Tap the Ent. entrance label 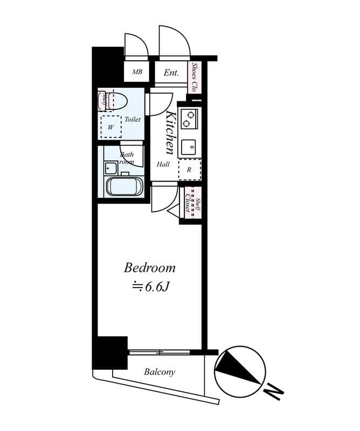[x=171, y=72]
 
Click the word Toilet [x=133, y=119]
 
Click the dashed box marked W [x=112, y=127]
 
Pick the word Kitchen [x=171, y=133]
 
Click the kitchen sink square [x=189, y=147]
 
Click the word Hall [x=163, y=165]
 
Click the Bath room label [x=126, y=158]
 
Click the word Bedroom [x=150, y=268]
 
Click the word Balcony [x=159, y=372]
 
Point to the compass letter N [x=274, y=392]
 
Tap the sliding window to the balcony [x=160, y=352]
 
